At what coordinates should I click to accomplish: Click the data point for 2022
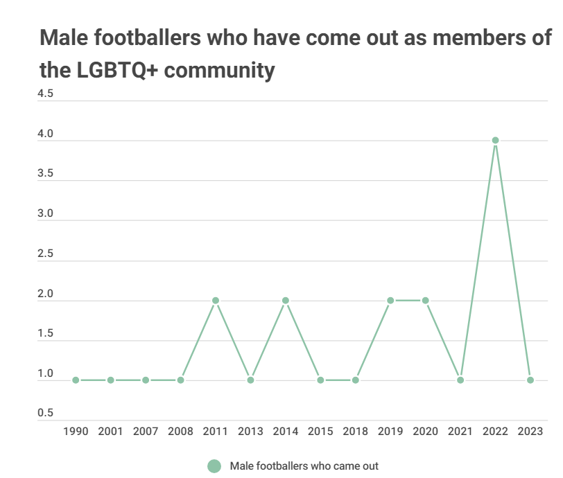coord(495,141)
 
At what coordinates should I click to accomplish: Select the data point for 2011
coord(216,301)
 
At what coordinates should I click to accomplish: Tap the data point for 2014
coord(286,301)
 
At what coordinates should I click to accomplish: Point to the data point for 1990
coord(76,380)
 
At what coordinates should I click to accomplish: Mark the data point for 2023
coord(530,380)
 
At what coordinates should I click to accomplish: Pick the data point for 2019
coord(390,301)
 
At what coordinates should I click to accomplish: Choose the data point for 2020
coord(425,301)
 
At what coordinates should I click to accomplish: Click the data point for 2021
coord(460,380)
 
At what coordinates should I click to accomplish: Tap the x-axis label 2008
coord(180,431)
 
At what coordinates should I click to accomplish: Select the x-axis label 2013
coord(250,431)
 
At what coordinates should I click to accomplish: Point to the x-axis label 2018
coord(355,431)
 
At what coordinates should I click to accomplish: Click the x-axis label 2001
coord(110,431)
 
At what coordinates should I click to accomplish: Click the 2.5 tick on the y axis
coord(45,255)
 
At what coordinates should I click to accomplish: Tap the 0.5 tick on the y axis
coord(45,414)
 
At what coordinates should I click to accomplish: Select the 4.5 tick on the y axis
coord(45,94)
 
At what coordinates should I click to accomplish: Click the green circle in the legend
coord(214,466)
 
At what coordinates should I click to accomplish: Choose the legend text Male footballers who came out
coord(304,466)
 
